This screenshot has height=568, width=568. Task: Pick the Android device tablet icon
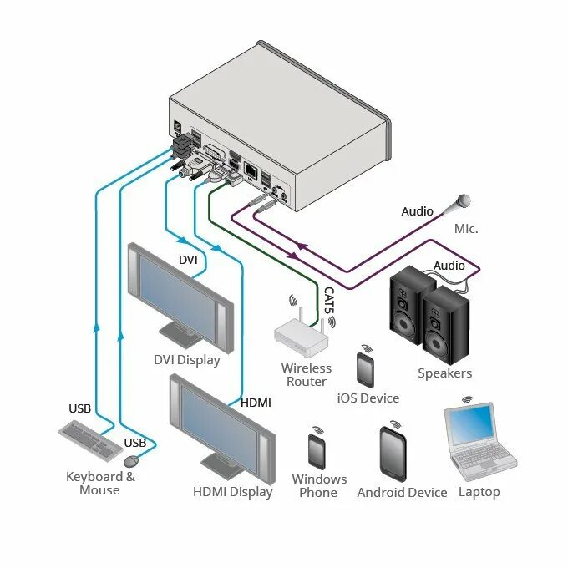coord(393,454)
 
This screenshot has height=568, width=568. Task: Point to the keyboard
coord(86,439)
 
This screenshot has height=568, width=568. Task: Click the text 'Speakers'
coord(444,373)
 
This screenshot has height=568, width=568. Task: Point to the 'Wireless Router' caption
coord(306,374)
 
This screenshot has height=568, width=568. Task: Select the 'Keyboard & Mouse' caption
coord(100,483)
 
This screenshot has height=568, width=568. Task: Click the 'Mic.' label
coord(465,228)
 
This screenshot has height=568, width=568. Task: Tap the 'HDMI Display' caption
coord(233,491)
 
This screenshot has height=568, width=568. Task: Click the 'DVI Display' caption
coord(186,360)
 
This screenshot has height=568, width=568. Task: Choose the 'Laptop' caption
coord(479,492)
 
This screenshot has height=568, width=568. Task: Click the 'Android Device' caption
coord(402,492)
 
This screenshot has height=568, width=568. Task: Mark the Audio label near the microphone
coord(417,211)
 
